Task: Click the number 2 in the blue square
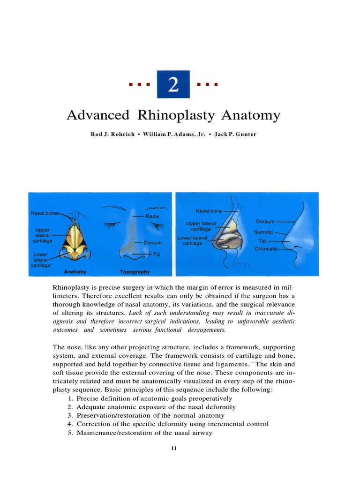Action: pos(173,85)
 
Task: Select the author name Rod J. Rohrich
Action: pos(112,135)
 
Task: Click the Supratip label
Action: pos(263,232)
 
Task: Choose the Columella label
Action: pos(266,249)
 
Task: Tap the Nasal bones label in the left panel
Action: pos(45,213)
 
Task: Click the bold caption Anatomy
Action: pos(75,271)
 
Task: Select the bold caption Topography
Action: pos(135,271)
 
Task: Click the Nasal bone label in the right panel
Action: pos(209,211)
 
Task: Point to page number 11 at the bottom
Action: pos(174,449)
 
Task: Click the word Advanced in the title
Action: pos(97,115)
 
